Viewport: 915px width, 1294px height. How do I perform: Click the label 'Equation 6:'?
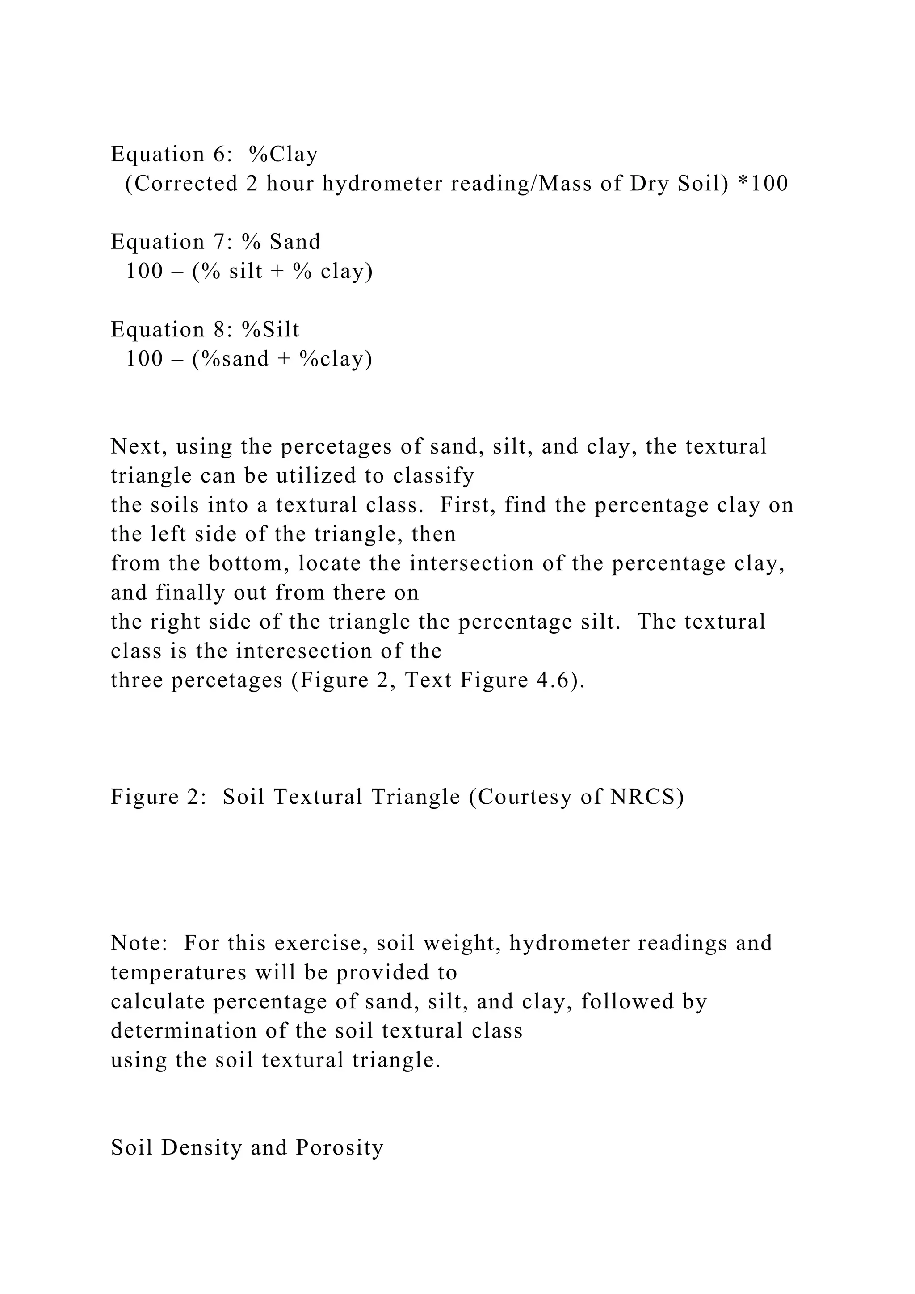(x=172, y=154)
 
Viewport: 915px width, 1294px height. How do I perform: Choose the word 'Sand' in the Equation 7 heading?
(x=295, y=242)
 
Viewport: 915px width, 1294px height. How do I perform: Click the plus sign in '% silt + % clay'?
(x=277, y=272)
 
